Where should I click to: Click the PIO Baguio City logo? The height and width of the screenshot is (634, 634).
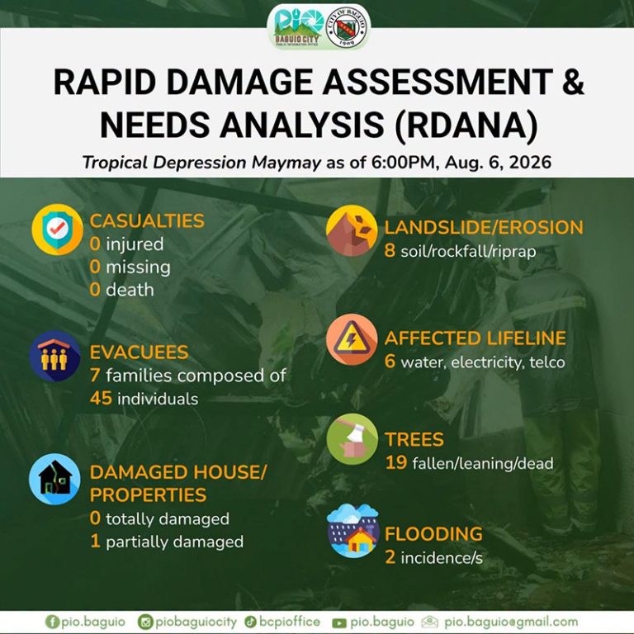pyautogui.click(x=298, y=27)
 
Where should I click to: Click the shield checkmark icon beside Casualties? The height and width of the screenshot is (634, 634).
pyautogui.click(x=58, y=229)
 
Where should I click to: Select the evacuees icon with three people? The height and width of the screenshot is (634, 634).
pyautogui.click(x=54, y=357)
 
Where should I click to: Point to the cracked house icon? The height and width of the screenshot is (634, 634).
pyautogui.click(x=54, y=479)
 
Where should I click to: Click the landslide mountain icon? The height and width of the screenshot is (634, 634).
pyautogui.click(x=352, y=230)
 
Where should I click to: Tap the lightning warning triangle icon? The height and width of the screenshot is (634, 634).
pyautogui.click(x=352, y=339)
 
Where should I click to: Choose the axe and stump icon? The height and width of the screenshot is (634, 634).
pyautogui.click(x=352, y=439)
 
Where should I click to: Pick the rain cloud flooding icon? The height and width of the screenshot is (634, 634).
pyautogui.click(x=352, y=531)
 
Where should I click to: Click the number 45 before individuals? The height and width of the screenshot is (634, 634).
pyautogui.click(x=101, y=398)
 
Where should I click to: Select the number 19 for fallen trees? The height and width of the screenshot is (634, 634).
pyautogui.click(x=396, y=462)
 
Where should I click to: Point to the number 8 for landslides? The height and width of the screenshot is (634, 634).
pyautogui.click(x=390, y=251)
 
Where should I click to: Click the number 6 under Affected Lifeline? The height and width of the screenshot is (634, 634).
pyautogui.click(x=390, y=361)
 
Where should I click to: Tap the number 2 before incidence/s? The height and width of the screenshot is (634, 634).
pyautogui.click(x=390, y=557)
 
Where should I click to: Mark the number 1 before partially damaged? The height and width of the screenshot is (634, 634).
pyautogui.click(x=96, y=541)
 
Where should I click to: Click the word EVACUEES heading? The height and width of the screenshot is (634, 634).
pyautogui.click(x=139, y=352)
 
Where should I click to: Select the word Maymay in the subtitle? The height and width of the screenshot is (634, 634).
pyautogui.click(x=286, y=163)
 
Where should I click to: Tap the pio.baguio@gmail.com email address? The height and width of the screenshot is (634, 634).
pyautogui.click(x=511, y=622)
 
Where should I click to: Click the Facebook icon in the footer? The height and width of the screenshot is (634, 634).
pyautogui.click(x=52, y=622)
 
